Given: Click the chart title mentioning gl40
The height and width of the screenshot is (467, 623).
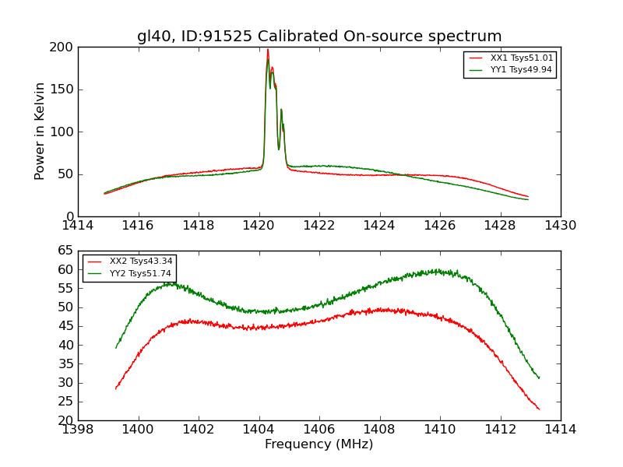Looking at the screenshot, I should pos(319,37).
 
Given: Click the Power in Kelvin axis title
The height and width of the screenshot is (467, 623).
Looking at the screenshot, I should pos(40,132).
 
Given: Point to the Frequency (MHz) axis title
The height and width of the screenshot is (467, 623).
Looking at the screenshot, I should pos(319,444).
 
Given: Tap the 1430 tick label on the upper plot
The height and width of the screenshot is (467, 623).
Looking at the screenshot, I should pos(561,225).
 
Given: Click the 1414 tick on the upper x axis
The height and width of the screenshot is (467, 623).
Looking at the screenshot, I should pos(79,225).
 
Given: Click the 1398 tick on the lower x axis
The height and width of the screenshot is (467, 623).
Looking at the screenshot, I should pos(79,429).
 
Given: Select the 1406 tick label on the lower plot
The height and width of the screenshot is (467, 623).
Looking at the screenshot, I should pos(319,429).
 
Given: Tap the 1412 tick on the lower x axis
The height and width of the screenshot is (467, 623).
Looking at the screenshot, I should pos(501,429).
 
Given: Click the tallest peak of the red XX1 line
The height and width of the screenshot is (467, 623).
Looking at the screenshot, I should pos(268,50).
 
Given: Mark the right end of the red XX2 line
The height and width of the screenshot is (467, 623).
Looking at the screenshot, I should pos(539,409).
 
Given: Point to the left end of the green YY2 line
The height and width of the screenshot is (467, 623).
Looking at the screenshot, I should pos(116,347).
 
